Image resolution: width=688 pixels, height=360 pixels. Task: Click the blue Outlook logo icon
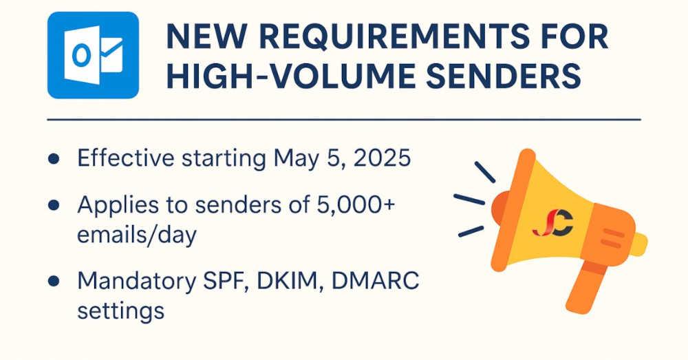pos(93,55)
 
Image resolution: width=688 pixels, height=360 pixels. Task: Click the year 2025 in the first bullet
pos(382,158)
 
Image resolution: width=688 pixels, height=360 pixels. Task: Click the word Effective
pos(126,158)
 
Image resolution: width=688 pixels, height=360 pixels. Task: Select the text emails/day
pos(137,235)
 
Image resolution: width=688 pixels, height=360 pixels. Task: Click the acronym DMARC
pos(375,281)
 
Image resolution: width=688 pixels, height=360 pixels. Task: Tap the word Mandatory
pos(136,282)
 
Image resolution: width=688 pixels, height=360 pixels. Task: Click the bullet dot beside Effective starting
pos(54,158)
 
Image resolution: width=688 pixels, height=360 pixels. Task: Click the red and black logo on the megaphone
pos(553,223)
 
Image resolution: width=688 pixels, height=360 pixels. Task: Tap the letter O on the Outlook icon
pos(81,56)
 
